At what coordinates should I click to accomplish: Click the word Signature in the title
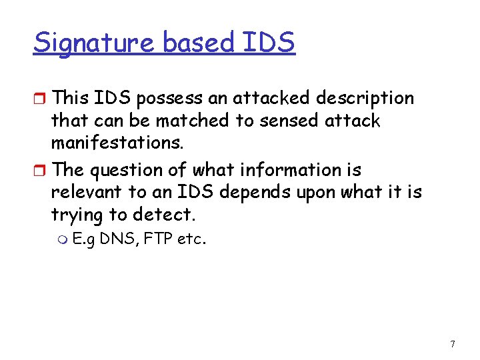pyautogui.click(x=94, y=43)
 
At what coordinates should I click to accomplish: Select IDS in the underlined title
pyautogui.click(x=269, y=43)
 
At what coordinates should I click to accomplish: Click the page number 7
pyautogui.click(x=453, y=344)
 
